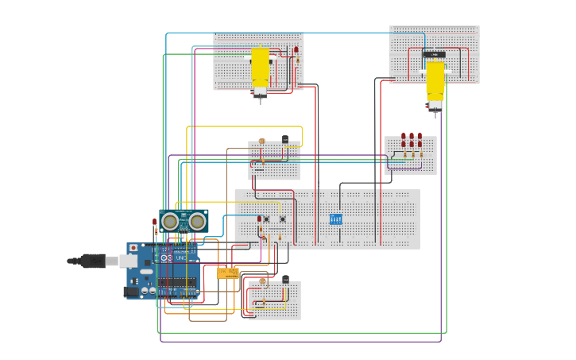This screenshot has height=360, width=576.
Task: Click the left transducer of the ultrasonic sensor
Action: tap(170, 221)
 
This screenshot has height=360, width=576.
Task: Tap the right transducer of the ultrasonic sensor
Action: tap(197, 221)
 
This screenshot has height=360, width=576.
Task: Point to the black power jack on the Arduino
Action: tap(132, 292)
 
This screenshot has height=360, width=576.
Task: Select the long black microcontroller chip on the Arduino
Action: tap(179, 282)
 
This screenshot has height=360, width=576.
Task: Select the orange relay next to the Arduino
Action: tap(228, 273)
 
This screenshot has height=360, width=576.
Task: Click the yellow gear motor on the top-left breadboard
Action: tap(261, 68)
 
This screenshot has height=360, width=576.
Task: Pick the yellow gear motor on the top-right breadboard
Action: tap(435, 80)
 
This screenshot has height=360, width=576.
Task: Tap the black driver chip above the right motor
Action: tap(434, 54)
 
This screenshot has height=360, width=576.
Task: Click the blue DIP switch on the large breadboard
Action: tap(336, 219)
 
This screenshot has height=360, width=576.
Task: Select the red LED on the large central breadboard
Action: tap(259, 219)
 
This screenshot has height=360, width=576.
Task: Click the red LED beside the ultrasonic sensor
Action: tap(155, 223)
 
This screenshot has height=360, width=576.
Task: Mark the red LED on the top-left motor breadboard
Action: tap(296, 51)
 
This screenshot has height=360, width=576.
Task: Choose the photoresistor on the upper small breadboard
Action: tap(262, 141)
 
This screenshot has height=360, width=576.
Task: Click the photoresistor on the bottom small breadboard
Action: tap(263, 281)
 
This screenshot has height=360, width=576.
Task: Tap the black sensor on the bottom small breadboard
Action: tap(285, 279)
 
